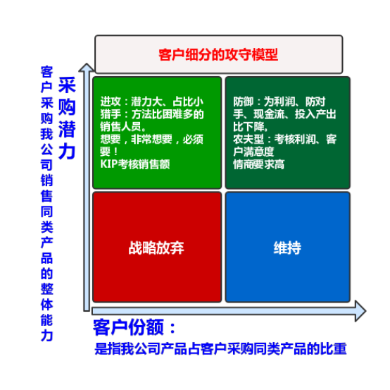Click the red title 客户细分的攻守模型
click(x=218, y=54)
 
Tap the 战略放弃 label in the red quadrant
click(x=156, y=248)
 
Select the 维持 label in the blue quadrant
click(x=287, y=248)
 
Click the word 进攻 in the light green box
click(x=111, y=102)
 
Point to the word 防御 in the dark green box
click(x=244, y=102)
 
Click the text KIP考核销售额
click(x=135, y=164)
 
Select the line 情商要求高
click(x=258, y=164)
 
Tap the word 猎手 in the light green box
click(x=111, y=114)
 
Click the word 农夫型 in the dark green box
click(x=249, y=139)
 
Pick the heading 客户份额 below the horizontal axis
click(x=128, y=327)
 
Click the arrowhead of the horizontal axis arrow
click(x=360, y=311)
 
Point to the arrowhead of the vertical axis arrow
click(x=87, y=67)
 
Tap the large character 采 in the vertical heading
click(x=67, y=85)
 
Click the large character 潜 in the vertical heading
click(x=67, y=129)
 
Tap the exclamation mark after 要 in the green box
click(x=115, y=152)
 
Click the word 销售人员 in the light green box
click(x=120, y=127)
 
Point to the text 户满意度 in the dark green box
click(x=253, y=152)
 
